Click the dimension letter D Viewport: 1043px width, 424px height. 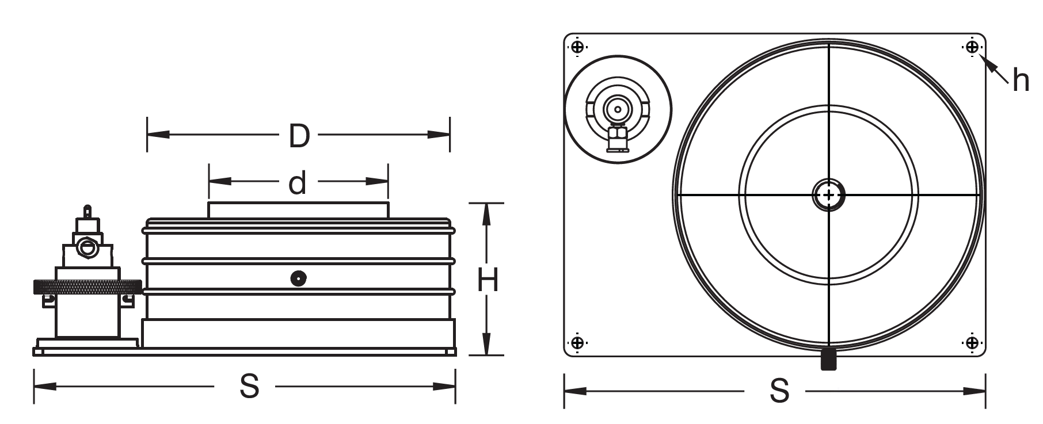(x=299, y=136)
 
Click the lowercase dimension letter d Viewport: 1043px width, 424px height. (x=297, y=183)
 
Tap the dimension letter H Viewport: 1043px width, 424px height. (x=488, y=281)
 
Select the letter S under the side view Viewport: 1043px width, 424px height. (x=249, y=387)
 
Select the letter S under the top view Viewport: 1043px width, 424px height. (x=779, y=391)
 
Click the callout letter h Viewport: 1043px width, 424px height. (x=1021, y=81)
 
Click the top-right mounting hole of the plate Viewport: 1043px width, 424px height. (x=972, y=47)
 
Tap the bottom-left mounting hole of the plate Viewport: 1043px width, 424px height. (x=577, y=343)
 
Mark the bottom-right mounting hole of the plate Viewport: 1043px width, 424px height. (x=972, y=343)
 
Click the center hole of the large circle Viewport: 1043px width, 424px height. (x=828, y=195)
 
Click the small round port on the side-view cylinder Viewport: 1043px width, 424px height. (x=298, y=278)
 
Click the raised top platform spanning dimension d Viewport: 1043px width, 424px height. (x=298, y=210)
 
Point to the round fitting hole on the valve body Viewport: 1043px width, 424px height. (x=87, y=248)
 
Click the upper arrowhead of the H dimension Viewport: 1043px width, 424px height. (x=487, y=213)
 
